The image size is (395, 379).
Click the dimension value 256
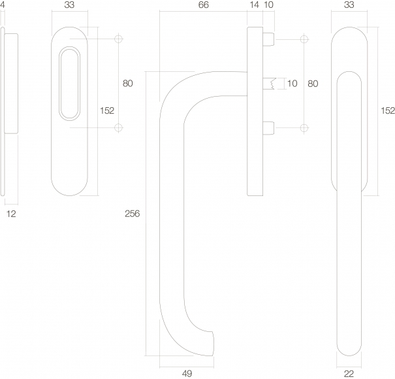point(132,214)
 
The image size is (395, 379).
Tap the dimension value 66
point(203,5)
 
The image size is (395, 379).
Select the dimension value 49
point(187,374)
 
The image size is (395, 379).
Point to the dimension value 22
point(349,374)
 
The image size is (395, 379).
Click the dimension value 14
point(254,5)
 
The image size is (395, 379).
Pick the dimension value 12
point(11,214)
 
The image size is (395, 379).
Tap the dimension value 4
point(2,5)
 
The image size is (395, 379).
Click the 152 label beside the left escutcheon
point(107,110)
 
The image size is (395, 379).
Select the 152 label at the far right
point(388,110)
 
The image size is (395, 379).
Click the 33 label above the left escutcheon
point(69,5)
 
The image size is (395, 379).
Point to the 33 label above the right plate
point(349,5)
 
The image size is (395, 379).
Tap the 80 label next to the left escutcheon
point(127,84)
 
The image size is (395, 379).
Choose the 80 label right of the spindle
point(313,84)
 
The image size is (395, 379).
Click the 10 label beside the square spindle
point(292,84)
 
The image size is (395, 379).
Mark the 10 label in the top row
point(269,5)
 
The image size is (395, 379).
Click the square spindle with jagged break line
point(269,84)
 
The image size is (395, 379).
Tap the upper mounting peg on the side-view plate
point(268,39)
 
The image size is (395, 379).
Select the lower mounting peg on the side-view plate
point(268,128)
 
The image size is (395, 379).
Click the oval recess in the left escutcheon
point(69,84)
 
